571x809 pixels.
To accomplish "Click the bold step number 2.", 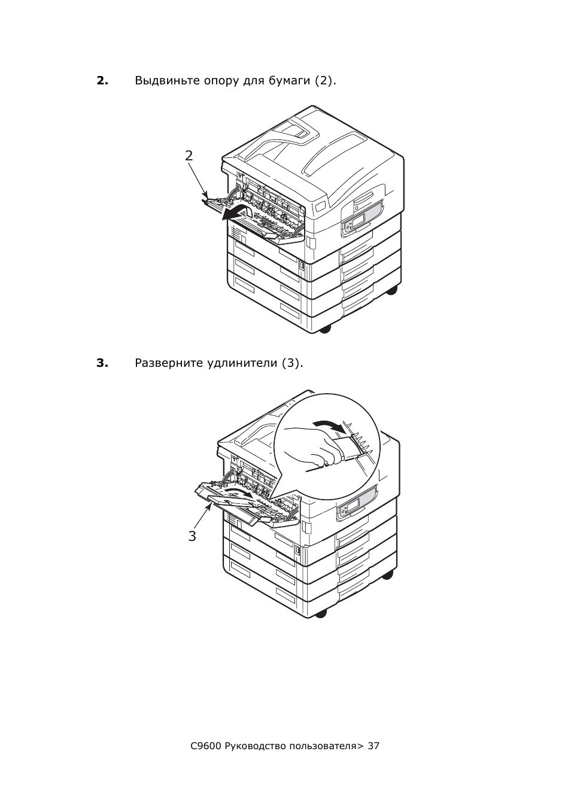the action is [102, 81].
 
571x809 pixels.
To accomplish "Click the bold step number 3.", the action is [102, 363].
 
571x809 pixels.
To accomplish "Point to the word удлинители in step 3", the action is [242, 364].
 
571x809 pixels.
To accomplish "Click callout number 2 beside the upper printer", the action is [189, 156].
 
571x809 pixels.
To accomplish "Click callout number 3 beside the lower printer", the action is [192, 536].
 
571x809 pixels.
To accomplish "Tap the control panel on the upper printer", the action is [361, 217].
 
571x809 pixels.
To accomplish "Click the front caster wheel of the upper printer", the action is [324, 329].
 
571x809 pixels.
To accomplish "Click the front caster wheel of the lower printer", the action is [321, 613].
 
